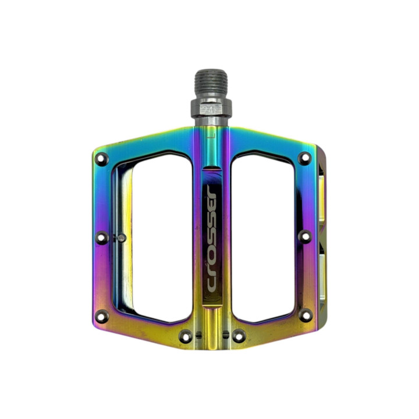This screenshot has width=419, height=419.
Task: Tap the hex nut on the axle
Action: pyautogui.click(x=211, y=108)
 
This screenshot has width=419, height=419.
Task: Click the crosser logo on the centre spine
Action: pyautogui.click(x=212, y=239)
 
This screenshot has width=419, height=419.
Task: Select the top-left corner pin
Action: pyautogui.click(x=102, y=159)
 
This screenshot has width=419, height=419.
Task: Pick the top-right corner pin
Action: pyautogui.click(x=305, y=158)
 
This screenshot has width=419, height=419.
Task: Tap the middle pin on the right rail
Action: pyautogui.click(x=305, y=236)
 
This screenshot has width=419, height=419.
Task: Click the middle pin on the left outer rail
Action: pyautogui.click(x=102, y=237)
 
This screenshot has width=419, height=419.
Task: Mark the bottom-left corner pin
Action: pyautogui.click(x=102, y=317)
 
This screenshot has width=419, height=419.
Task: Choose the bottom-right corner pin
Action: pyautogui.click(x=306, y=315)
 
